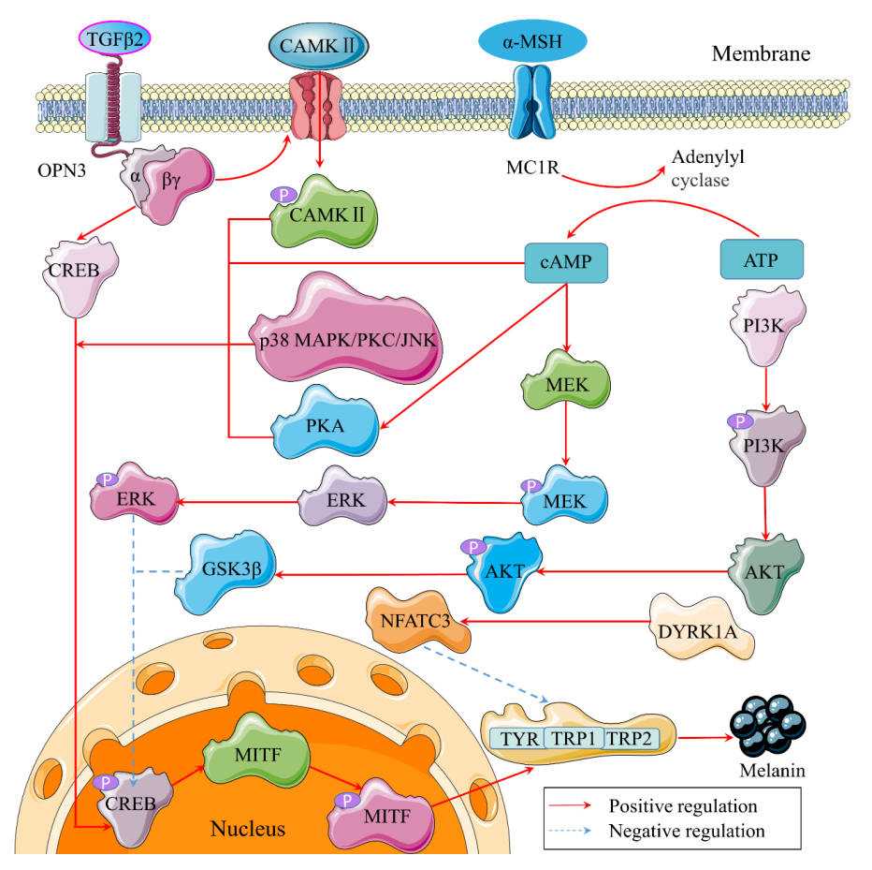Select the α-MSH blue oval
tap(531, 39)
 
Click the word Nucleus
tap(247, 829)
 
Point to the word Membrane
tap(761, 53)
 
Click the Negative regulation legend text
tap(687, 831)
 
